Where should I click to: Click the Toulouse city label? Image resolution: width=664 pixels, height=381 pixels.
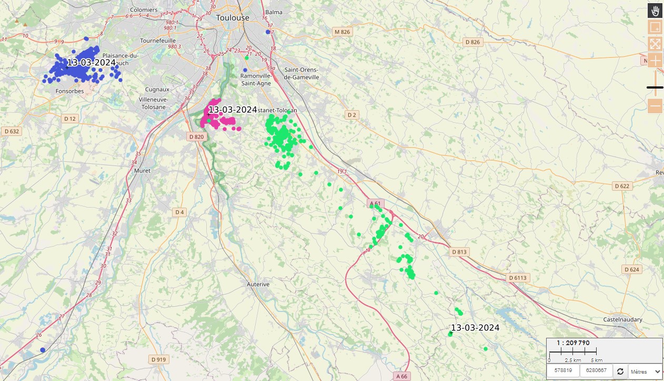233,17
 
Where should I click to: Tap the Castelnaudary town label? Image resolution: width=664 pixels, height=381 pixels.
625,320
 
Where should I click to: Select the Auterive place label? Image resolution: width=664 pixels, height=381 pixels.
258,284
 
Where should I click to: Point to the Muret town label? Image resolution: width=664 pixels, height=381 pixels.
142,171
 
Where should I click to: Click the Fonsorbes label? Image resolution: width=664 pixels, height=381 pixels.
69,91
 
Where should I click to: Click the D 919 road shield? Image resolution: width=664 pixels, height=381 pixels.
158,359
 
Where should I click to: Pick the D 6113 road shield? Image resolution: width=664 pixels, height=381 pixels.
517,278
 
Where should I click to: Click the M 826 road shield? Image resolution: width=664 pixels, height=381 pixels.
342,32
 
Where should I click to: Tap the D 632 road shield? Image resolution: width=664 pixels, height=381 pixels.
11,131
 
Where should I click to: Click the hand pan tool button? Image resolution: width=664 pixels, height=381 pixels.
655,11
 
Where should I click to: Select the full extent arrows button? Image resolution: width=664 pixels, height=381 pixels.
655,44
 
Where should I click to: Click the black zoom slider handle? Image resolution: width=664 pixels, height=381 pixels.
655,87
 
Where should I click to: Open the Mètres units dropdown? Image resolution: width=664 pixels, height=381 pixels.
645,372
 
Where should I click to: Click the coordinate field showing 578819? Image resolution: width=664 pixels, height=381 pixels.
563,371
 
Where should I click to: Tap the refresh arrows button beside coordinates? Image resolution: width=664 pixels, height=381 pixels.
620,372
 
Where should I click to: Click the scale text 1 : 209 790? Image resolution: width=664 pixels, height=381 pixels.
573,343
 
